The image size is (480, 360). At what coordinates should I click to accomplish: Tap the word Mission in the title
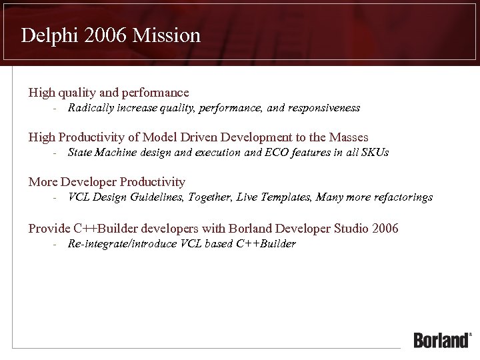(x=167, y=35)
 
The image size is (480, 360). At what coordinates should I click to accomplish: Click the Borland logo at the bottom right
(x=442, y=339)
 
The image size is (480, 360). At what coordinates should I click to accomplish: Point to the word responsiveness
(x=324, y=107)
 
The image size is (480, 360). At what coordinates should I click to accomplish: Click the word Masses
(x=348, y=137)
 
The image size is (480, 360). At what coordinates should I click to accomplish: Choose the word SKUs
(x=374, y=152)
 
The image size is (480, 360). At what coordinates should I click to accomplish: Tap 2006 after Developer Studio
(x=385, y=229)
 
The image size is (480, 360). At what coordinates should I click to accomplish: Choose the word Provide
(x=49, y=229)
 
